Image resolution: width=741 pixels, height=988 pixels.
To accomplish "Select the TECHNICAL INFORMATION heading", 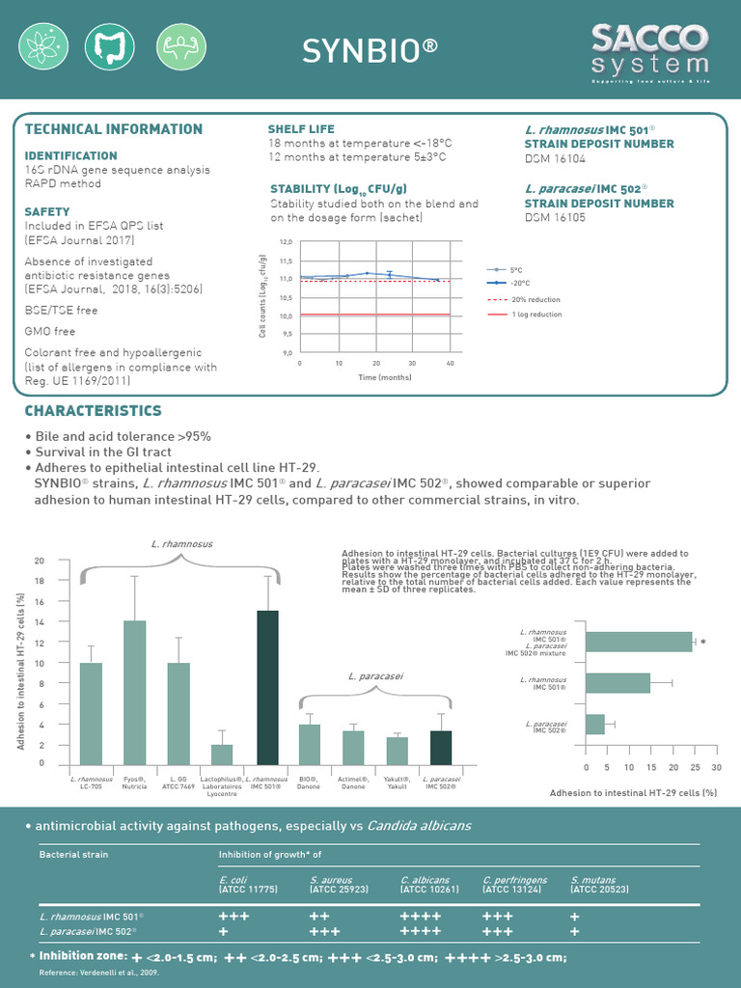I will coord(113,129).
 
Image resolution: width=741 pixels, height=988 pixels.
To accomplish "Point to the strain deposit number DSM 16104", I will coord(555,159).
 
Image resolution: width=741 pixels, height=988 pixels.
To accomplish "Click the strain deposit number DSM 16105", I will coord(555,219).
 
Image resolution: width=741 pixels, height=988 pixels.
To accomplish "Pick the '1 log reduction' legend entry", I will coord(535,315).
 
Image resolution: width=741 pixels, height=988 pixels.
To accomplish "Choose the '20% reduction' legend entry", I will coord(535,299).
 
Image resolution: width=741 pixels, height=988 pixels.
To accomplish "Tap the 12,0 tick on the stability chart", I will coord(286,242).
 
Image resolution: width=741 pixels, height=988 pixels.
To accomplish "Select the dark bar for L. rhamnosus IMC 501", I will coord(267,687).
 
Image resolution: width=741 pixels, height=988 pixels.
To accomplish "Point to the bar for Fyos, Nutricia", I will coord(134,692).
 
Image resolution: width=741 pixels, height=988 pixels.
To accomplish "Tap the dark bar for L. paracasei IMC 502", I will coord(441,747).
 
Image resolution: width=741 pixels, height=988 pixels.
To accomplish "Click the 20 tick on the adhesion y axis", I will coord(40,561).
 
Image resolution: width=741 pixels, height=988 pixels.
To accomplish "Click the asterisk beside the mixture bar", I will coord(703,643).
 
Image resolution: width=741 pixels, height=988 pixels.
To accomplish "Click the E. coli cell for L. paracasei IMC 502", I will coord(224,932).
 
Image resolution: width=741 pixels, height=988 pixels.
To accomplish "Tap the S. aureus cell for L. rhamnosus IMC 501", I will coord(320,916).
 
